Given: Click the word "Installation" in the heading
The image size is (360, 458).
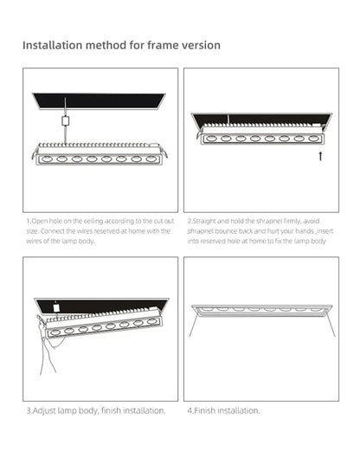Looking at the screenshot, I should (53, 44).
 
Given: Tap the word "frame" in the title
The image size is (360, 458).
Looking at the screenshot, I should (150, 44).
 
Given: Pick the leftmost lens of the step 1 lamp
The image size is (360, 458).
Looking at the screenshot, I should (48, 159).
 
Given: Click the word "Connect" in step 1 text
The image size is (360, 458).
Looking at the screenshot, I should (48, 230).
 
